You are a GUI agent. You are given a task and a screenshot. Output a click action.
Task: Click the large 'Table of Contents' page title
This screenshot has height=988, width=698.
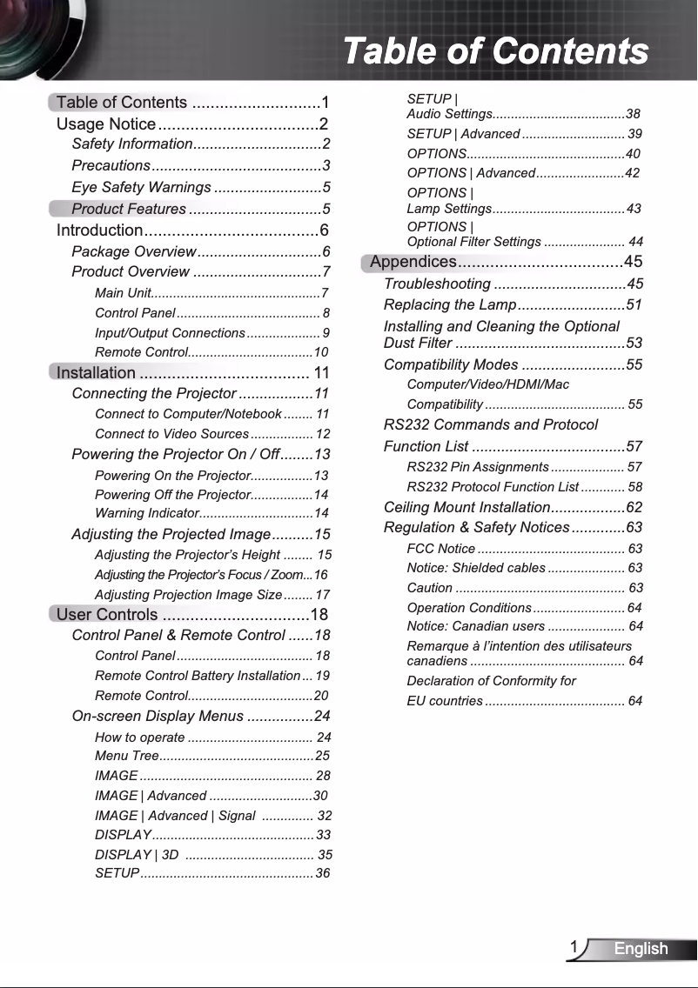(495, 51)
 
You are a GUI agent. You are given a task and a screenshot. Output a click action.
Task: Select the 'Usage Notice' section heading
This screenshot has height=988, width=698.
(106, 124)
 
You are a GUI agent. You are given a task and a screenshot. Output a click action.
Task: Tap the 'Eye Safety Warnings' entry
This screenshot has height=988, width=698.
(141, 187)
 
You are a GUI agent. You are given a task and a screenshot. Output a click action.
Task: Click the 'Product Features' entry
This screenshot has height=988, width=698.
(129, 209)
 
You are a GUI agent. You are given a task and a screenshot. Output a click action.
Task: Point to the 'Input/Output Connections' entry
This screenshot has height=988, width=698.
(170, 333)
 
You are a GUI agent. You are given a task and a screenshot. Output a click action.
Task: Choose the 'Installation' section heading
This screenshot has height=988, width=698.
(96, 373)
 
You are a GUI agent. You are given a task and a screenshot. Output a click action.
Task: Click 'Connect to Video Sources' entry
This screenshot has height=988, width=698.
(171, 434)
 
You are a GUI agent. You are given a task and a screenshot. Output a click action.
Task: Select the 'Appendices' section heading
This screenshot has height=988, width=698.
(413, 262)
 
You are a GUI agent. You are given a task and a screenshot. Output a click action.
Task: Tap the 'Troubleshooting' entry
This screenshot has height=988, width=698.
(437, 284)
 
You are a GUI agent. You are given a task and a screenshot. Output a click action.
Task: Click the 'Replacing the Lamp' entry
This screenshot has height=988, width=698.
(450, 305)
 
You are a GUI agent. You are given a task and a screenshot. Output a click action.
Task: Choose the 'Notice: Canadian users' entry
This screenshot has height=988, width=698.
(475, 626)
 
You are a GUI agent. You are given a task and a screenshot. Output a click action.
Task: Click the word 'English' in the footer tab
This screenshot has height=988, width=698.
(641, 949)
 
